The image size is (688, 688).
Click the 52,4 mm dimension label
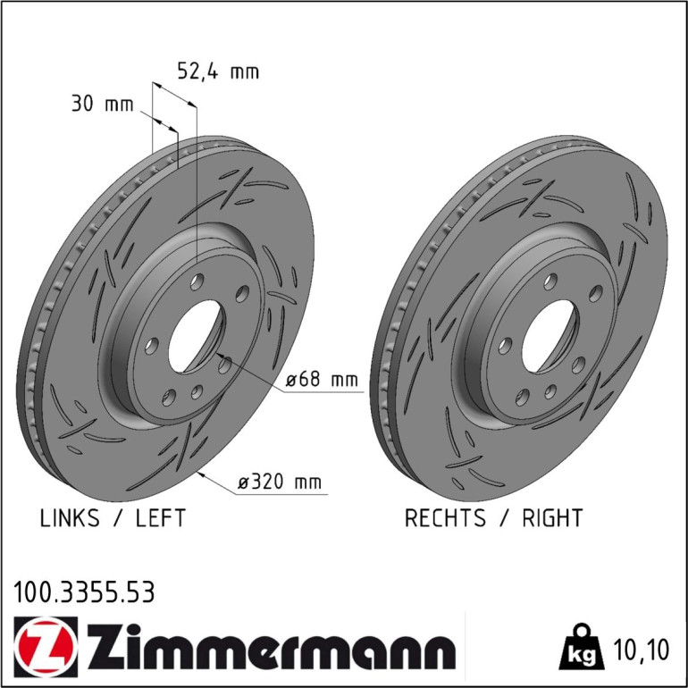(x=218, y=71)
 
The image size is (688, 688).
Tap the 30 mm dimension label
(x=102, y=105)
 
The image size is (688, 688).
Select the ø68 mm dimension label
(x=322, y=379)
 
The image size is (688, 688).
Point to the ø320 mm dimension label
(x=280, y=482)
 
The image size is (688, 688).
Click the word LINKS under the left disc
(x=70, y=517)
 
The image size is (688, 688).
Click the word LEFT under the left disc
(x=161, y=517)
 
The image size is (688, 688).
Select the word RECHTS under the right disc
(x=445, y=517)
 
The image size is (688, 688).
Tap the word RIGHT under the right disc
(x=552, y=517)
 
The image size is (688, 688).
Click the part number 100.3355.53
(x=84, y=592)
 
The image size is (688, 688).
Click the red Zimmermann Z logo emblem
(x=46, y=647)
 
